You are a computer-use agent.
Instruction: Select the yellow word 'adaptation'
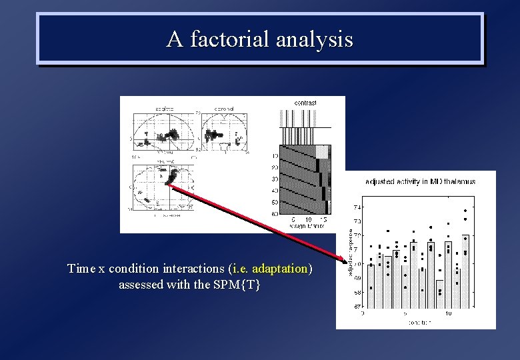(280, 269)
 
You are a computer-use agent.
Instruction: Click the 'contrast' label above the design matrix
(305, 103)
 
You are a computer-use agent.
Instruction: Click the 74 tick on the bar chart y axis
(357, 207)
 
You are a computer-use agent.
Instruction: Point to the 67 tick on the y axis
(357, 307)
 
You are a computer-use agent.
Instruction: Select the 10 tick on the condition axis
(448, 313)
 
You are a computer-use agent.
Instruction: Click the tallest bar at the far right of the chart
(465, 271)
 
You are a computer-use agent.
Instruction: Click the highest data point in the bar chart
(465, 211)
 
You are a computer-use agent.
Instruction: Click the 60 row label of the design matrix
(274, 213)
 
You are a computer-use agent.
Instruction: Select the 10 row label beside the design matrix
(274, 156)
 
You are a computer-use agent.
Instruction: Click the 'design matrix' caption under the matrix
(307, 227)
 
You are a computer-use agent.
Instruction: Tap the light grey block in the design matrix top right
(322, 151)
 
